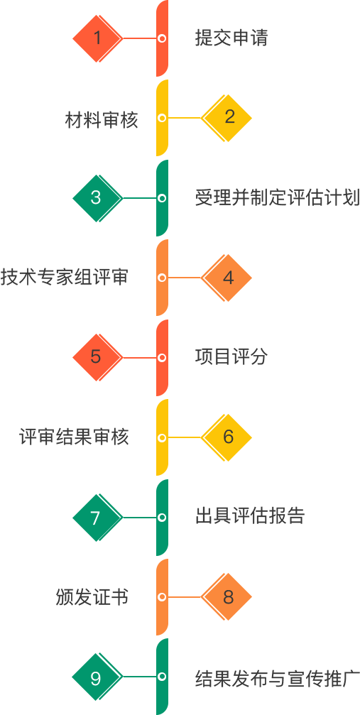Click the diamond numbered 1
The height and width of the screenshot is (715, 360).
click(x=97, y=39)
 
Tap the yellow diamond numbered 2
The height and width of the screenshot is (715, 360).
click(x=227, y=118)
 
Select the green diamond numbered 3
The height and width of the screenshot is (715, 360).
click(x=97, y=198)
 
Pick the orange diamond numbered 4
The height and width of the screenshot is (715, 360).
click(x=227, y=278)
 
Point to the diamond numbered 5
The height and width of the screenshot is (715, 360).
click(x=97, y=358)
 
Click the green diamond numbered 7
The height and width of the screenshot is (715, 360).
click(x=97, y=518)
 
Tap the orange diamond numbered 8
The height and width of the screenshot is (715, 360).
click(x=227, y=597)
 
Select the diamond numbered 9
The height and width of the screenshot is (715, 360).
click(x=97, y=677)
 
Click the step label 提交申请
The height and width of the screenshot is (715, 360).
click(x=231, y=38)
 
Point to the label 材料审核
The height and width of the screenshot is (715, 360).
click(x=102, y=119)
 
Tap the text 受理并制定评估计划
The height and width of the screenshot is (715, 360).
click(x=278, y=198)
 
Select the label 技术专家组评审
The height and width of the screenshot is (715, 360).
click(x=65, y=278)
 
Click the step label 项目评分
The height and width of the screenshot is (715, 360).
click(x=231, y=358)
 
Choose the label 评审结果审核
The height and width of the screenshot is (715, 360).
click(x=74, y=437)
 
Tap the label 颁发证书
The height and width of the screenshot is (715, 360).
click(x=92, y=597)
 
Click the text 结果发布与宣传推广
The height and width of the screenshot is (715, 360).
click(x=278, y=677)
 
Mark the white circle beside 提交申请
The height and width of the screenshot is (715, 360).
click(x=161, y=39)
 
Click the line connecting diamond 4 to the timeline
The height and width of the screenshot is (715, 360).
click(x=185, y=278)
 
